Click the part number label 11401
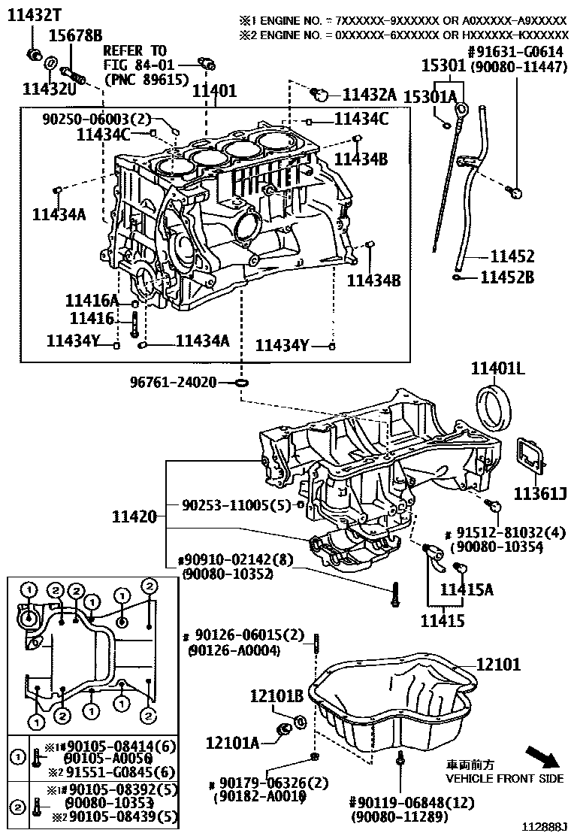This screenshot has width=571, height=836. coord(214,91)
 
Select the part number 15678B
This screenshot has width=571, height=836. coord(76,35)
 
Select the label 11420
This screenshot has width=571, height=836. coord(134,516)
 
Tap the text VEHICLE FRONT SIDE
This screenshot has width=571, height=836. coord(504,778)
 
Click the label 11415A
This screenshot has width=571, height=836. coord(467,590)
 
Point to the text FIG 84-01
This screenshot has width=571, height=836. coord(134,65)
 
